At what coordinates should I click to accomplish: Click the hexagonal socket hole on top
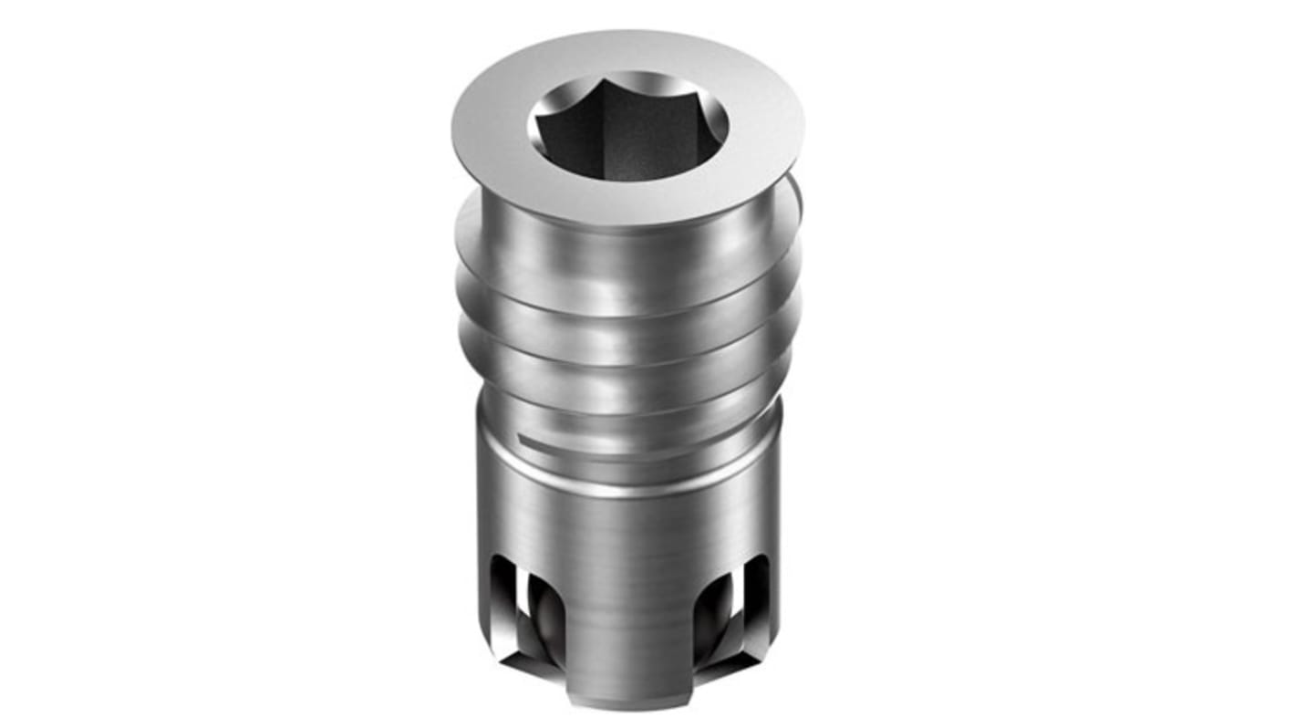point(628,128)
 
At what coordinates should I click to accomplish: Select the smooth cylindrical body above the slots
point(629,529)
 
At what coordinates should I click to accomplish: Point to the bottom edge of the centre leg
point(629,704)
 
